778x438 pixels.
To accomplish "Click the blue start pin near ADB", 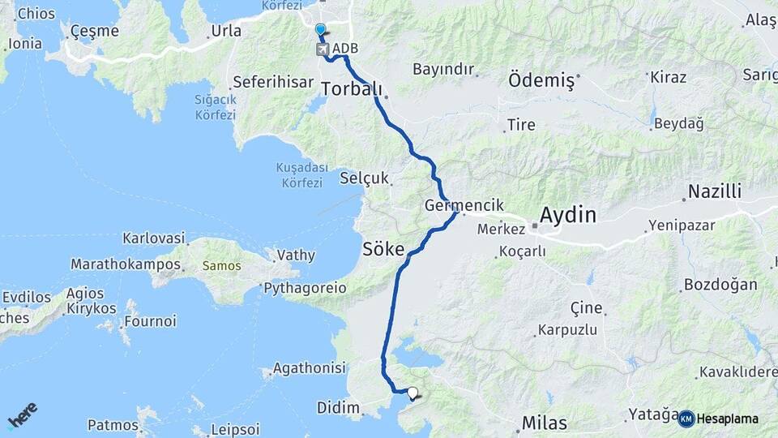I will (x=320, y=31).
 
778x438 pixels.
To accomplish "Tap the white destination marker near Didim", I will (x=413, y=393).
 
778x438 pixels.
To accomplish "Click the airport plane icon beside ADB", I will (x=323, y=49).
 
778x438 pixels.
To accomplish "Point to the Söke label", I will (x=383, y=250).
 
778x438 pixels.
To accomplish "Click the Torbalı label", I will (x=352, y=88).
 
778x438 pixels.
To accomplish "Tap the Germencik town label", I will (x=464, y=206).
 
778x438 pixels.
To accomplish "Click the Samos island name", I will (x=216, y=265).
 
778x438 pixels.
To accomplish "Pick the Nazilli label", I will (x=715, y=191).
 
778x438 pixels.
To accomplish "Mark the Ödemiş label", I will (x=541, y=80).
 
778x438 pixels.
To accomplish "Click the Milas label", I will (x=545, y=422).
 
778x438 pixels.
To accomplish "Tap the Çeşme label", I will (x=94, y=32).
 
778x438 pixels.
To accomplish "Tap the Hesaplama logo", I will (x=718, y=419).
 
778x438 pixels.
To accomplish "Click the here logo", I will (x=22, y=414).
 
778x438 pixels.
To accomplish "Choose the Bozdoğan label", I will (x=720, y=285).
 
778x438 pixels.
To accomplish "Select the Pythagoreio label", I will (x=305, y=288).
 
